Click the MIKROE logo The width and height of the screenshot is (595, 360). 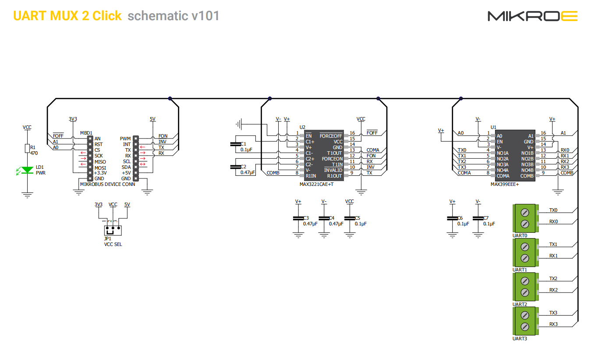tap(532, 16)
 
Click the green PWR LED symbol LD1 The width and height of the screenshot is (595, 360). tap(28, 170)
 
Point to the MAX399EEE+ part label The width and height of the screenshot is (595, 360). tap(505, 185)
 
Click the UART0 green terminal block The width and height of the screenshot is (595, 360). tap(524, 218)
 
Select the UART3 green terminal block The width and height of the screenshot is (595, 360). tap(524, 321)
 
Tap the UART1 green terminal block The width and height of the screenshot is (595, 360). tap(524, 253)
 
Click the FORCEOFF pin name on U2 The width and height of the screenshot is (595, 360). tap(331, 136)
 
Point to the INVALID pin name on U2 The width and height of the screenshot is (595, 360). tap(333, 170)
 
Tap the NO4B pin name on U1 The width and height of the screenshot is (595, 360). tap(527, 170)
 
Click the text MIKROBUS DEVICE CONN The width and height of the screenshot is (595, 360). tap(108, 184)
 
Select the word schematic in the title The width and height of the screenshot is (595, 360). tap(158, 16)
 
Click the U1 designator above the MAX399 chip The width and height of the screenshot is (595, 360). tap(493, 127)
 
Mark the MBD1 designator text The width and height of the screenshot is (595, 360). tap(86, 133)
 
